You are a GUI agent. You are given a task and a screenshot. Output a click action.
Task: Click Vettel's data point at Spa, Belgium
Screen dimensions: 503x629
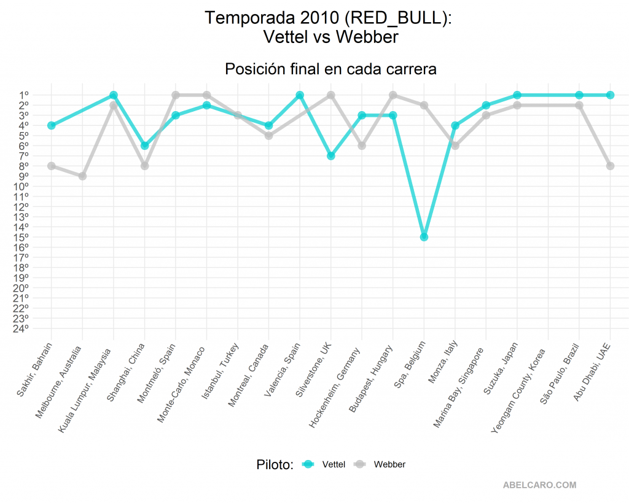424,237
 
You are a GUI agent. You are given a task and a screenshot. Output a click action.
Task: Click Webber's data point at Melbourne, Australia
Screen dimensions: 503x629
82,176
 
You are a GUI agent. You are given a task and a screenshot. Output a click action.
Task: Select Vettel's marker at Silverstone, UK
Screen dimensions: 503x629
331,156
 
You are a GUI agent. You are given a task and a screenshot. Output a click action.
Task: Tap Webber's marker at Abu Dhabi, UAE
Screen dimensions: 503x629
610,166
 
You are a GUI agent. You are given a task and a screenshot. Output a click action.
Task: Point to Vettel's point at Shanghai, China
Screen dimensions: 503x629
144,146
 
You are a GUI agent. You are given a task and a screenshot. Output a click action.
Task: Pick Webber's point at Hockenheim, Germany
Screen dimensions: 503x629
362,146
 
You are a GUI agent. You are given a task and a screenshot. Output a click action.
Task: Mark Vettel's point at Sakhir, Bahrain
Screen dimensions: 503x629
52,125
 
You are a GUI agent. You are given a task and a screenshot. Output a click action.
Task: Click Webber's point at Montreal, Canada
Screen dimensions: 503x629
268,136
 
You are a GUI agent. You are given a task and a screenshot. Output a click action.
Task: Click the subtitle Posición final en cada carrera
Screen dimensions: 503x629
330,69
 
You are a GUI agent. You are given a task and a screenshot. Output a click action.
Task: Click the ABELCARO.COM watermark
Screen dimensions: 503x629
540,485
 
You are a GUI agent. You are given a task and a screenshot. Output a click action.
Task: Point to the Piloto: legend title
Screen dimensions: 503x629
275,464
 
